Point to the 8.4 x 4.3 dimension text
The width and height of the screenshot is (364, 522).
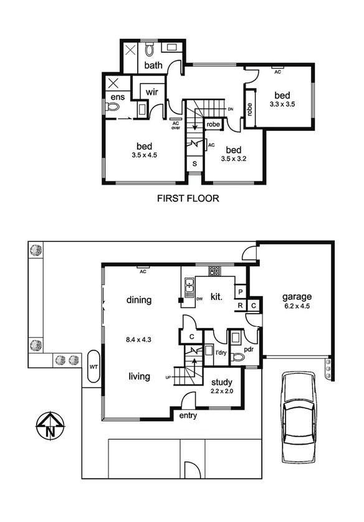139,341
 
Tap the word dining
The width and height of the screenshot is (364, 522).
138,300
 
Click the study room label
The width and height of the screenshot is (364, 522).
222,382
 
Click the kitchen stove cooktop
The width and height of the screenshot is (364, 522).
214,271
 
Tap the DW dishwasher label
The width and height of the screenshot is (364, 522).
199,299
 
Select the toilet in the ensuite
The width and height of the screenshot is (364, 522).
113,108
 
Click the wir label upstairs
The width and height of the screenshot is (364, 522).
152,92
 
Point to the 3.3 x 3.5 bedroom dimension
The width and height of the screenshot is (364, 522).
282,106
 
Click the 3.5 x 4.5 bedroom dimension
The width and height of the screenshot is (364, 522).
144,155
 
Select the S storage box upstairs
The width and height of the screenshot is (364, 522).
194,164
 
